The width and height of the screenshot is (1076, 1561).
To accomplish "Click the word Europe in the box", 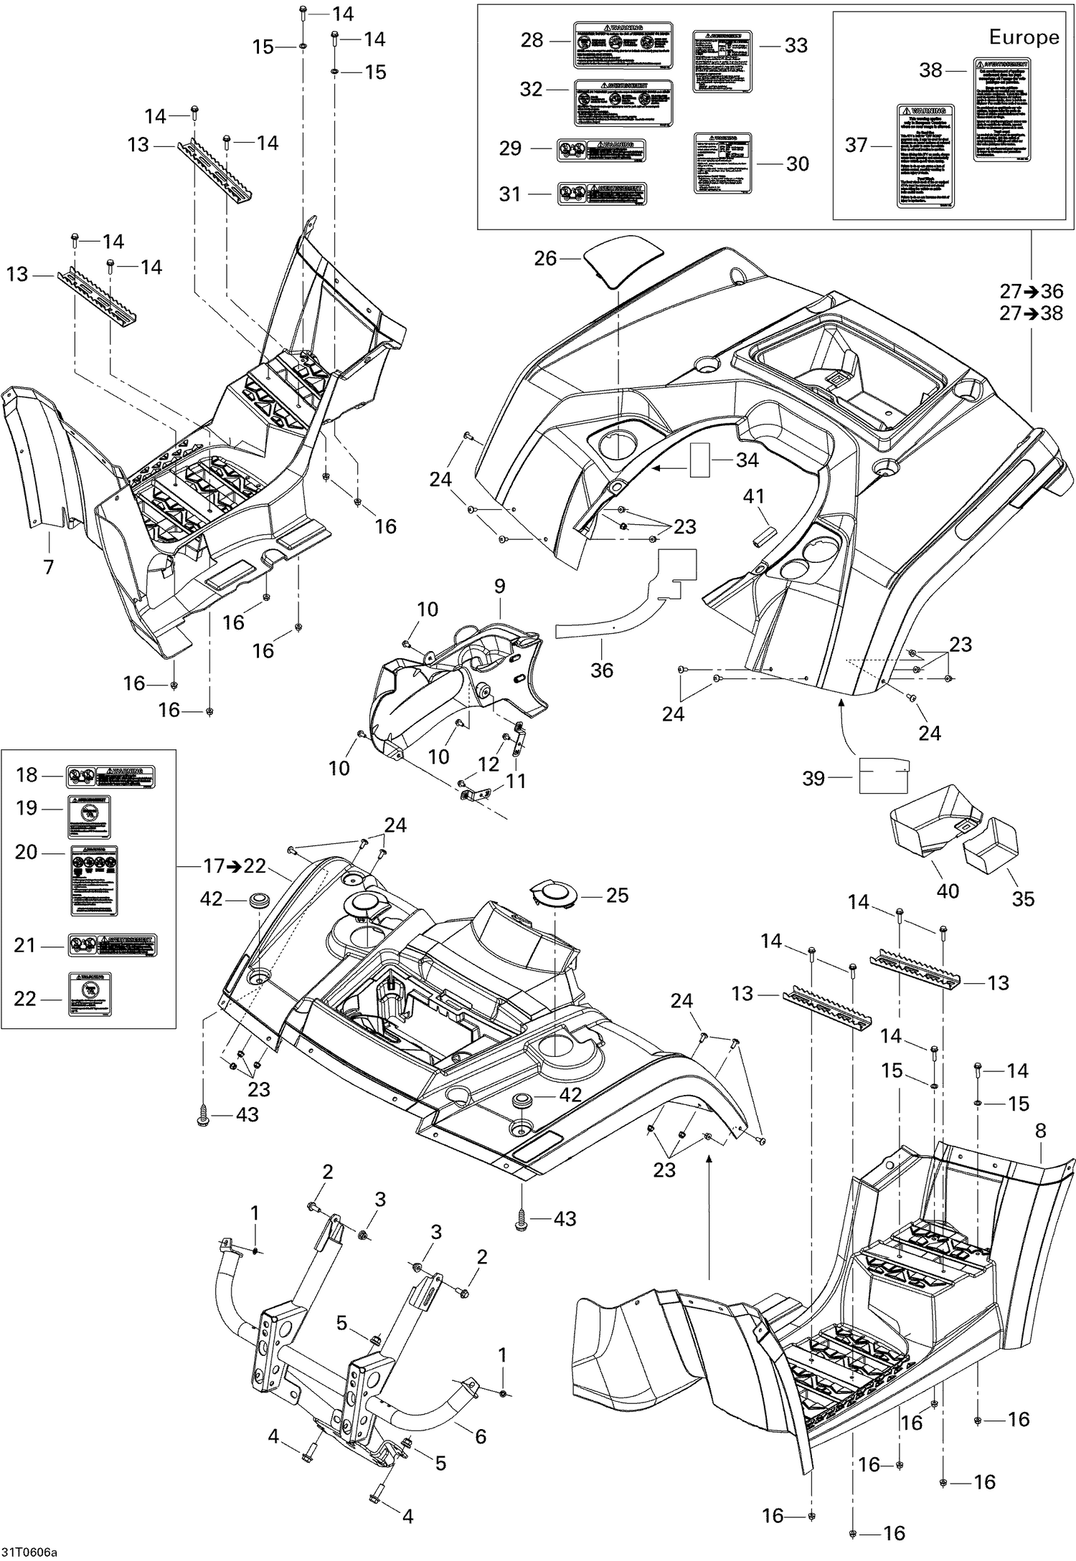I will click(x=1024, y=37).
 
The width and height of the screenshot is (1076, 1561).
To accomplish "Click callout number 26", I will click(x=545, y=258).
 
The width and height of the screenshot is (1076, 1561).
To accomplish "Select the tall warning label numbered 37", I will click(x=926, y=155).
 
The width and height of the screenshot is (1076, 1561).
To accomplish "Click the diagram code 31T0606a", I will click(x=29, y=1553).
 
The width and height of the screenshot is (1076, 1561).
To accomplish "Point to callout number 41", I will click(x=753, y=496).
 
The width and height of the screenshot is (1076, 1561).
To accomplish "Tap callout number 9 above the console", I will click(x=499, y=586).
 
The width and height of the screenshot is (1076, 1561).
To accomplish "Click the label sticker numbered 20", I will click(x=94, y=881).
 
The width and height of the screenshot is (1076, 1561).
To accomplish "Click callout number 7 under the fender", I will click(x=48, y=567).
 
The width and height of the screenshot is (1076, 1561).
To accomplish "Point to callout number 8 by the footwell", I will click(x=1040, y=1131).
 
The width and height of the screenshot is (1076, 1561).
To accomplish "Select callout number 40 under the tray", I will click(x=948, y=891).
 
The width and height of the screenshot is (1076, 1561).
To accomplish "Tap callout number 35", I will click(x=1023, y=898).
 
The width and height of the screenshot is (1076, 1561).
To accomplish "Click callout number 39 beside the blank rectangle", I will click(x=813, y=778).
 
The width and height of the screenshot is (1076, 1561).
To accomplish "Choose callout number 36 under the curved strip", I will click(x=601, y=670).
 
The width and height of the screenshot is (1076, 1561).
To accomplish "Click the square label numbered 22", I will click(x=90, y=994).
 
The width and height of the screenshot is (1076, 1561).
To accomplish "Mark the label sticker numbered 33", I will click(x=722, y=61).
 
